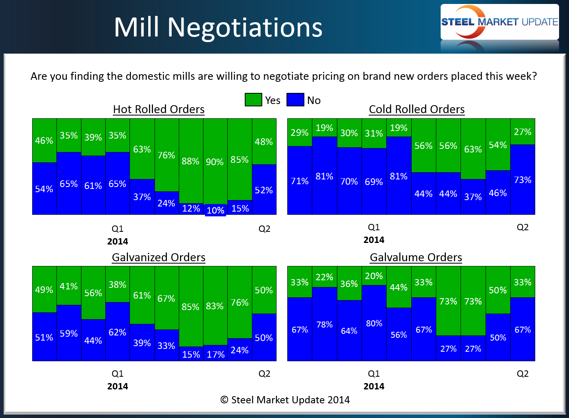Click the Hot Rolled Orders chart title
pos(159,109)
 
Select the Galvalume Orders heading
pos(416,257)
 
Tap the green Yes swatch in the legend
pos(253,100)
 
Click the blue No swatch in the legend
pos(295,100)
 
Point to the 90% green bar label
pos(215,162)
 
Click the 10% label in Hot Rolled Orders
pos(215,210)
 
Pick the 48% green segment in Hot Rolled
pos(264,142)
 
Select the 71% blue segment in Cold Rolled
pos(300,181)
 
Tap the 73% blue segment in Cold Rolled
pos(523,180)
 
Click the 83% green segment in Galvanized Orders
pos(215,306)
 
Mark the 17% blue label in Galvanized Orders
pos(215,354)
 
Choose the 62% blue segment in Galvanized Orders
pos(117,332)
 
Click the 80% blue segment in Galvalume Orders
pos(374,324)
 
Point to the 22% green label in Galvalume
pos(324,277)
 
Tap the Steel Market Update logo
pos(499,22)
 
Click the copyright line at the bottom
pos(285,400)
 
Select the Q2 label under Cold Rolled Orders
pos(523,227)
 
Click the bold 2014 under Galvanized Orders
pos(118,386)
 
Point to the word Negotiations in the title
pos(245,27)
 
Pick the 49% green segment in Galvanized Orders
pos(44,290)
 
